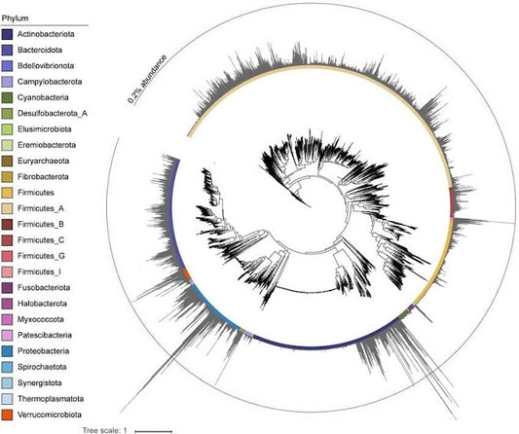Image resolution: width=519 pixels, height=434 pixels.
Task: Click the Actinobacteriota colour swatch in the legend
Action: pyautogui.click(x=7, y=34)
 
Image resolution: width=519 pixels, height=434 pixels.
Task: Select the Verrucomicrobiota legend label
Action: pyautogui.click(x=50, y=415)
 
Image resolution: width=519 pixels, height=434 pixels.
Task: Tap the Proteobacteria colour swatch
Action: pyautogui.click(x=7, y=351)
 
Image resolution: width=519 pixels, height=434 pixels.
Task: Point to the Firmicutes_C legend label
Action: pyautogui.click(x=41, y=240)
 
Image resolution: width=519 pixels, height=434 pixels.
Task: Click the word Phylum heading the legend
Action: pyautogui.click(x=15, y=18)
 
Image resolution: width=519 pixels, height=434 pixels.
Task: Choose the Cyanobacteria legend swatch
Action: pyautogui.click(x=7, y=97)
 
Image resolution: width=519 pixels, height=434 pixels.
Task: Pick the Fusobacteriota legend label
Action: pyautogui.click(x=44, y=287)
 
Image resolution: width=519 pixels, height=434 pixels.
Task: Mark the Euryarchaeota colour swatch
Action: pyautogui.click(x=7, y=162)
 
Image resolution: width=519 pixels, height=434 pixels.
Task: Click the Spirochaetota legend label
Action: pyautogui.click(x=42, y=367)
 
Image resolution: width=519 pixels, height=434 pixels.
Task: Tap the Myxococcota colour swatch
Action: pyautogui.click(x=7, y=319)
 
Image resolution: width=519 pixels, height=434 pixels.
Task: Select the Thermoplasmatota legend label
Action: pyautogui.click(x=51, y=399)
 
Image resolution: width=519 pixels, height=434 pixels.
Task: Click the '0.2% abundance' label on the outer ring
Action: pyautogui.click(x=147, y=80)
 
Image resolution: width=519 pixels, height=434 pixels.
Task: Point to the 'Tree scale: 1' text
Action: pyautogui.click(x=104, y=430)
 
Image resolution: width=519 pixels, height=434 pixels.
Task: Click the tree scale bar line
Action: pyautogui.click(x=154, y=431)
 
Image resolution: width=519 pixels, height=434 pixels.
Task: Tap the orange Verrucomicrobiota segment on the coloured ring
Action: pyautogui.click(x=187, y=274)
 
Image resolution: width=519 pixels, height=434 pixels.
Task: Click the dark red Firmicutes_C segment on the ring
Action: pyautogui.click(x=453, y=202)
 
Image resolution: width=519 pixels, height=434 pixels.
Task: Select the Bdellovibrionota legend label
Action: pyautogui.click(x=46, y=66)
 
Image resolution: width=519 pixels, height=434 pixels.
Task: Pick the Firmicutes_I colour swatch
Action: pyautogui.click(x=7, y=271)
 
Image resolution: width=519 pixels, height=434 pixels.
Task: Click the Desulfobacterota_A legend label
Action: pyautogui.click(x=53, y=114)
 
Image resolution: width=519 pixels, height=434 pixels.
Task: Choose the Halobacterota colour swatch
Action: pyautogui.click(x=7, y=304)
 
